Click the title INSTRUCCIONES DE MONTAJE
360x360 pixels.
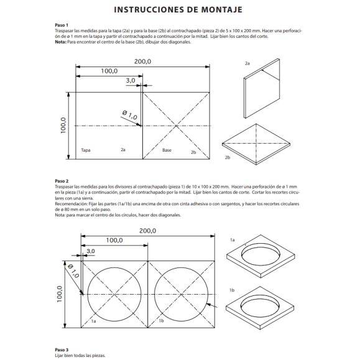pyautogui.click(x=178, y=10)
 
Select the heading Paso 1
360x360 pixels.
pyautogui.click(x=62, y=25)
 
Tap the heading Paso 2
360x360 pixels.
pyautogui.click(x=62, y=181)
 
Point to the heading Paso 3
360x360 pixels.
pyautogui.click(x=62, y=349)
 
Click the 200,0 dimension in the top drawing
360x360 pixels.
pyautogui.click(x=142, y=62)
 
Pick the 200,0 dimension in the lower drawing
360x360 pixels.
pyautogui.click(x=147, y=231)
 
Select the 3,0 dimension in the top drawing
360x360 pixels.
pyautogui.click(x=131, y=80)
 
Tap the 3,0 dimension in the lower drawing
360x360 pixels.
pyautogui.click(x=91, y=251)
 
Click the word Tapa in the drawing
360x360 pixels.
pyautogui.click(x=86, y=150)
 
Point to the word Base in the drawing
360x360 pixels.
pyautogui.click(x=167, y=150)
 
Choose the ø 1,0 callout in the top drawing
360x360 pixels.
pyautogui.click(x=130, y=115)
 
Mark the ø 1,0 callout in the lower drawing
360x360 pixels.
pyautogui.click(x=73, y=270)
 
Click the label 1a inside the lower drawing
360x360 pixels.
pyautogui.click(x=93, y=321)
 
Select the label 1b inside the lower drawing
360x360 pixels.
pyautogui.click(x=161, y=320)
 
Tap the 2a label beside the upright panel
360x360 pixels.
pyautogui.click(x=247, y=63)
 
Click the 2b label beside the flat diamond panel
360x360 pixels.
pyautogui.click(x=228, y=157)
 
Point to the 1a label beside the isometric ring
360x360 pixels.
pyautogui.click(x=233, y=240)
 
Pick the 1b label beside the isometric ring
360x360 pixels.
pyautogui.click(x=232, y=290)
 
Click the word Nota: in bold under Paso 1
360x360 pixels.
pyautogui.click(x=60, y=42)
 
